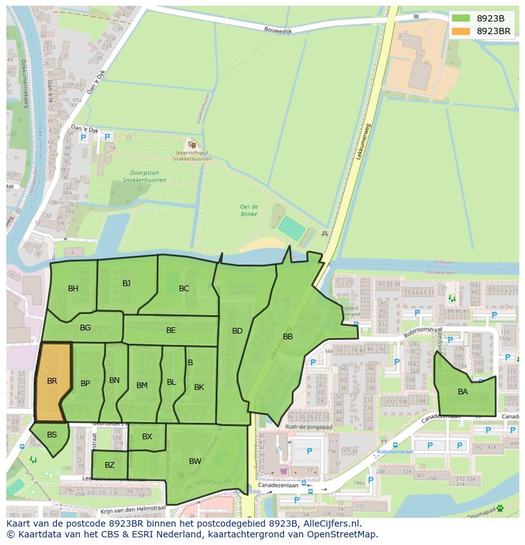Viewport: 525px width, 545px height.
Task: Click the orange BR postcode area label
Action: coord(52,381)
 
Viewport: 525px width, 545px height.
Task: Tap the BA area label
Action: coord(463,392)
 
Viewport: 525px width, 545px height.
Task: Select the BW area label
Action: coord(195,461)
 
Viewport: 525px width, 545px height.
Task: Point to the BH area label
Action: coord(73,289)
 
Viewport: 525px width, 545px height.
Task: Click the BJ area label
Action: coord(126,283)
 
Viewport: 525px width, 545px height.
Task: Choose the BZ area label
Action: coord(110,465)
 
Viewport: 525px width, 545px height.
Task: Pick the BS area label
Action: coord(52,434)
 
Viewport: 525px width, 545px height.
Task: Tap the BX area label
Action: coord(147,437)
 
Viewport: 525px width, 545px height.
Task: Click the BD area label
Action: coord(237,330)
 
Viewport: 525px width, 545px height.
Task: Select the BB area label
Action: coord(288,337)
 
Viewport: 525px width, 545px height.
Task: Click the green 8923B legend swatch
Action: coord(461,18)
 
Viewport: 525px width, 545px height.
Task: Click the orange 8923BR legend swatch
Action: coord(461,31)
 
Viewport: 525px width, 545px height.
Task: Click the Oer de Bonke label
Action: coord(249,210)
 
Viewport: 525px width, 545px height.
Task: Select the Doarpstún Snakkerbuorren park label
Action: coord(145,176)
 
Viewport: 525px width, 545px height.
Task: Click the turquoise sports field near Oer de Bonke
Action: coord(292,228)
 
